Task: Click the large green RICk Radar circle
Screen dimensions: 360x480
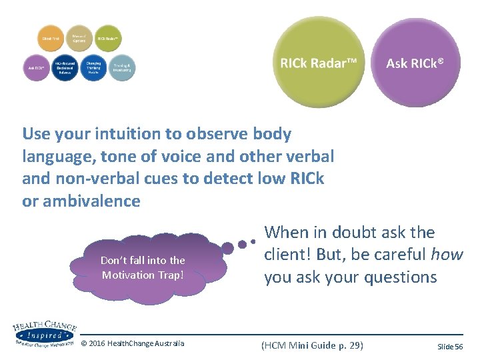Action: [319, 63]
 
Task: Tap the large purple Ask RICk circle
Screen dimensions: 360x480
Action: [415, 63]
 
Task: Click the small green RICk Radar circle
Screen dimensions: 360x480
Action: [108, 39]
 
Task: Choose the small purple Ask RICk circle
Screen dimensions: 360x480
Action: [36, 67]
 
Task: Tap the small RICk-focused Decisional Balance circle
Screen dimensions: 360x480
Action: [65, 67]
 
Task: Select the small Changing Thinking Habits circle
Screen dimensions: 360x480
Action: [93, 67]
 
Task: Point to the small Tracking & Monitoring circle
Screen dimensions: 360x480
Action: [121, 67]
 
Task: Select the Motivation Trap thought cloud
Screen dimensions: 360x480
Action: [143, 267]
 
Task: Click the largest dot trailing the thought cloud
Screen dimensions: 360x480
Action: [227, 249]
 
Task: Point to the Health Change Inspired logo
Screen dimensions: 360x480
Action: [43, 333]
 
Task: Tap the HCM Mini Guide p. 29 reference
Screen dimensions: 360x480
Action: [312, 345]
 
